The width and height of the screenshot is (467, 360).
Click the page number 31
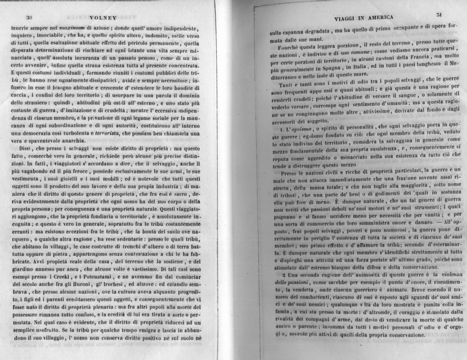click(440, 13)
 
